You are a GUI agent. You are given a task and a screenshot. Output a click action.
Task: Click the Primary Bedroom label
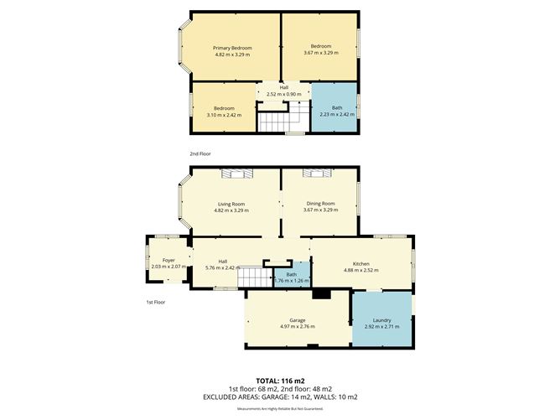tap(232, 48)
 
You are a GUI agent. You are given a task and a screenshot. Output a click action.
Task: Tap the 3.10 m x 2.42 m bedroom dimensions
tap(223, 115)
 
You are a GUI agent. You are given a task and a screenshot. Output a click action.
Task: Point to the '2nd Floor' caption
tap(200, 154)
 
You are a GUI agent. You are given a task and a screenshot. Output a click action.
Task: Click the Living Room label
tap(231, 204)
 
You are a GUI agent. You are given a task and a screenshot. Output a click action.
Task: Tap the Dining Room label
tap(320, 204)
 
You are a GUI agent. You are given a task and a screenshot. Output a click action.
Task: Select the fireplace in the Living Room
tap(236, 174)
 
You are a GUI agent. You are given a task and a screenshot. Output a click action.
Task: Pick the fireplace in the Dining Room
tap(319, 174)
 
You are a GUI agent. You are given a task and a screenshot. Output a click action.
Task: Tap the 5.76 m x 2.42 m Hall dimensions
tap(222, 267)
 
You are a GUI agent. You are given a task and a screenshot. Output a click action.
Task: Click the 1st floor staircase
tap(252, 277)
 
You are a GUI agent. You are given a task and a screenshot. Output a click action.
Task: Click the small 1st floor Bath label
tap(291, 274)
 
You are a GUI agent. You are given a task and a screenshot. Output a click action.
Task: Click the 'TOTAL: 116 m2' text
tap(280, 380)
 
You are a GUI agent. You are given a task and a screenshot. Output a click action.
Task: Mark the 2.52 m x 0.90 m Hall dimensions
tap(283, 94)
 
